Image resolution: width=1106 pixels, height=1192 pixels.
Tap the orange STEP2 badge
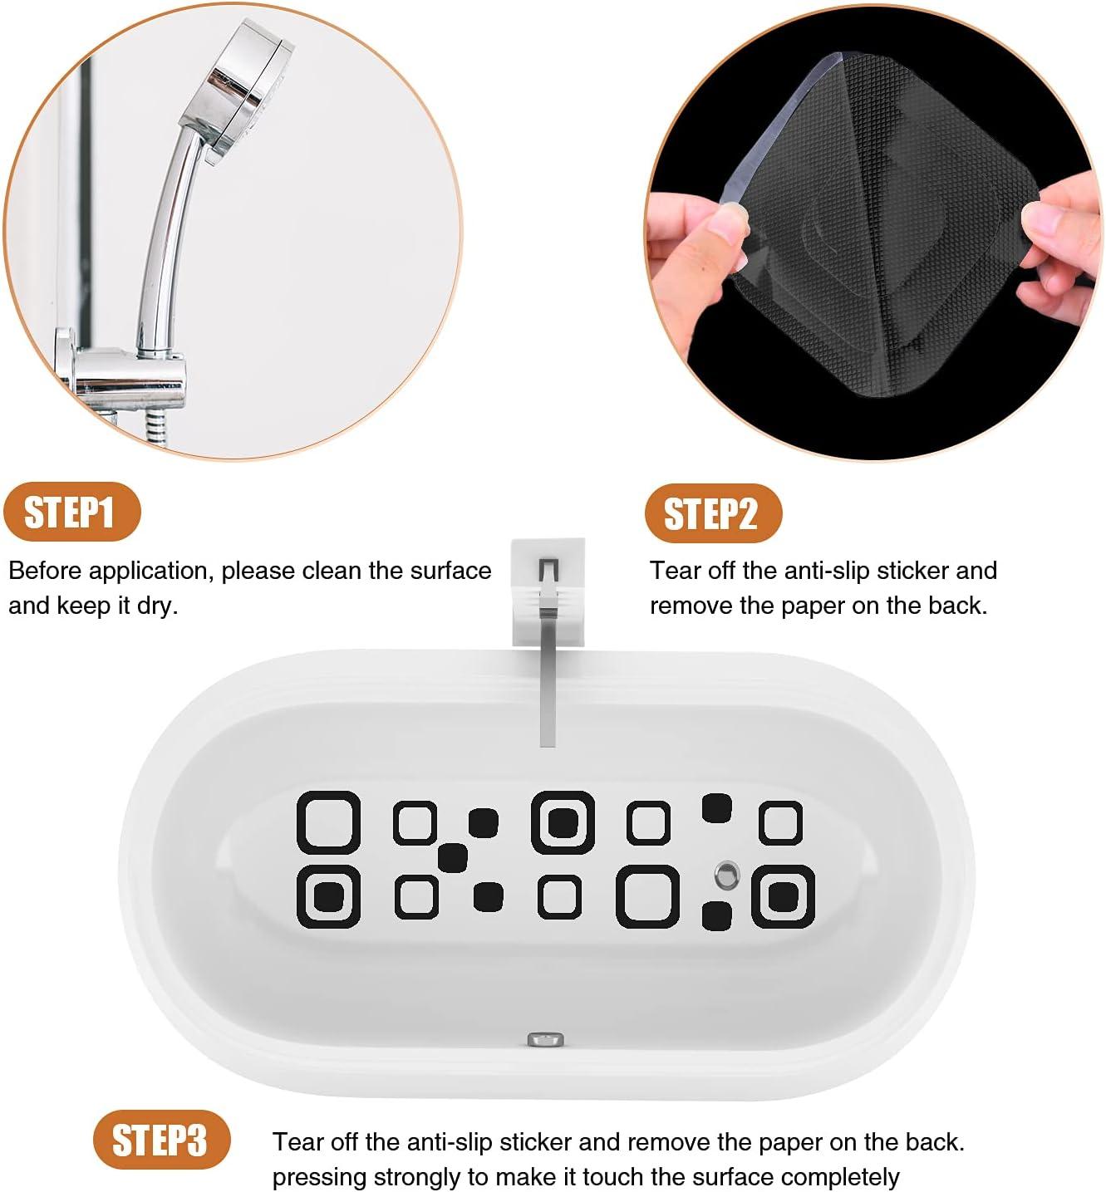pyautogui.click(x=712, y=513)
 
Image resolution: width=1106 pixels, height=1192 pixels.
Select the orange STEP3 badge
pyautogui.click(x=160, y=1140)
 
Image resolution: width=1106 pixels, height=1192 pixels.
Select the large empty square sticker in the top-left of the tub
pyautogui.click(x=328, y=822)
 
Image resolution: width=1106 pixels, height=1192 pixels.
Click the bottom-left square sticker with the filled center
pyautogui.click(x=328, y=896)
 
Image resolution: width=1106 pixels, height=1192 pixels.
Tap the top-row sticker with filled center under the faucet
pyautogui.click(x=563, y=822)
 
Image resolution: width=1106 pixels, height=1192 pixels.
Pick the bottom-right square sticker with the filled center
pyautogui.click(x=783, y=896)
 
